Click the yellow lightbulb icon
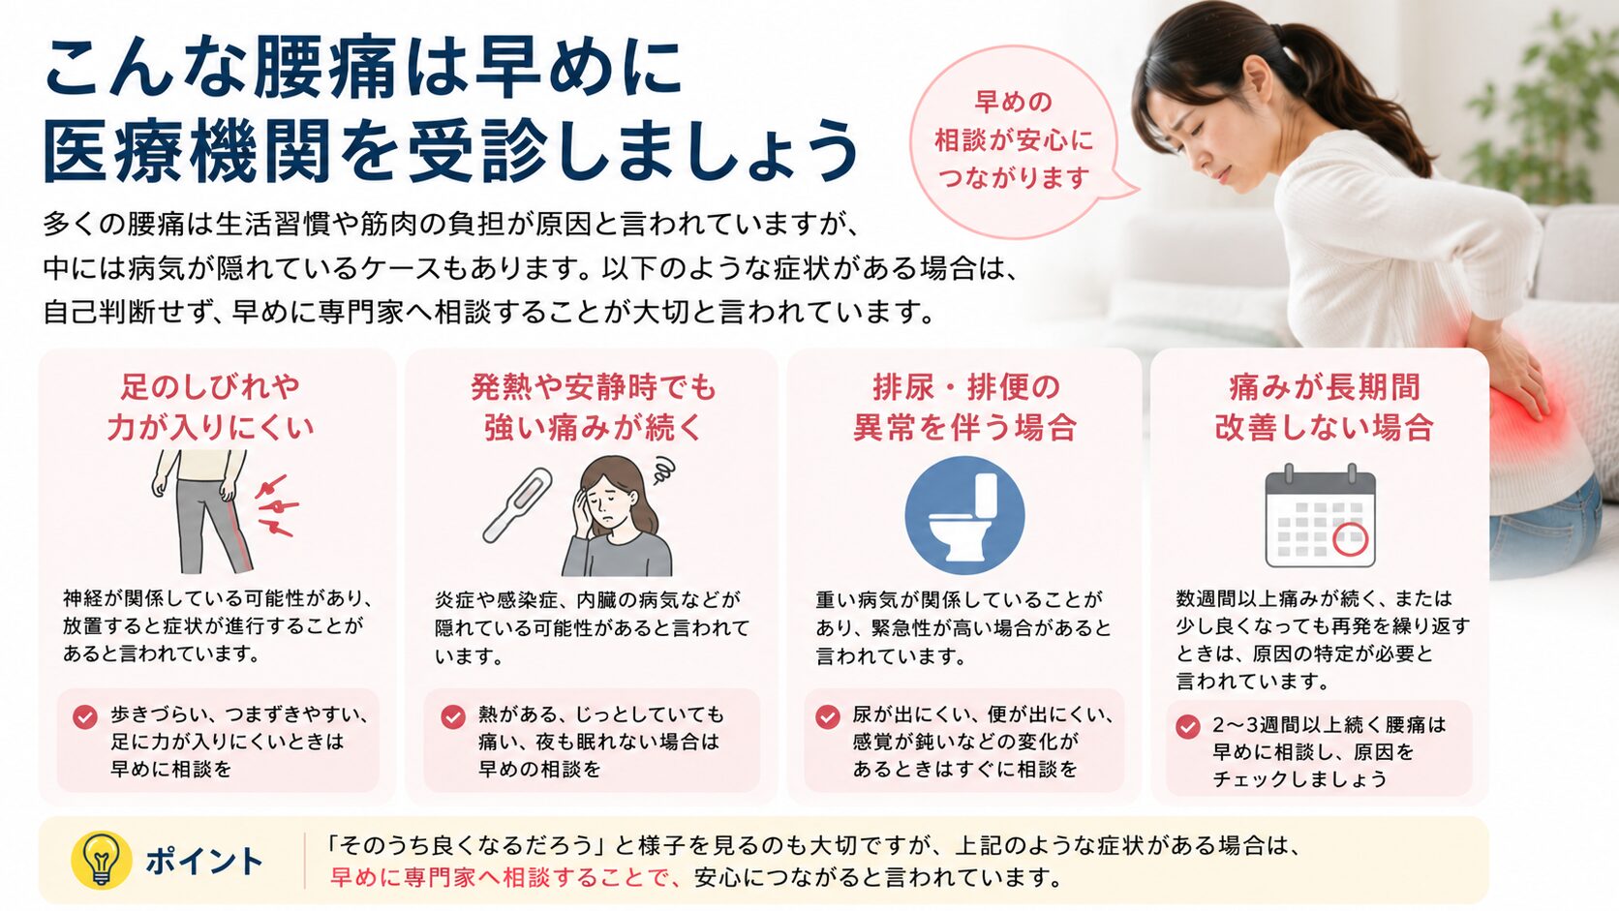(x=101, y=860)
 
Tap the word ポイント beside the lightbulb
(x=203, y=862)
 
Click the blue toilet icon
(x=964, y=515)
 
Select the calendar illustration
(x=1320, y=516)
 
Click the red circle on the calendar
(x=1350, y=539)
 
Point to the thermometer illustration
(x=517, y=505)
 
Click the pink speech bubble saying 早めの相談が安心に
(x=1015, y=140)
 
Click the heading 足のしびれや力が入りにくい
(x=210, y=407)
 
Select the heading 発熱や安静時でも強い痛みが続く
(x=593, y=407)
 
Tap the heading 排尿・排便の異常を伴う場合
(x=964, y=407)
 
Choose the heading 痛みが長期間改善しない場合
(x=1324, y=407)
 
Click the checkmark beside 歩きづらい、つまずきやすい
(x=85, y=716)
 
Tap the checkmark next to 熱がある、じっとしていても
(x=453, y=716)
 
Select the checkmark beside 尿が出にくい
(x=828, y=716)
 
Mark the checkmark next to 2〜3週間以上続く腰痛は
(x=1187, y=726)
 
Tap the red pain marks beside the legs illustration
(x=275, y=505)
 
